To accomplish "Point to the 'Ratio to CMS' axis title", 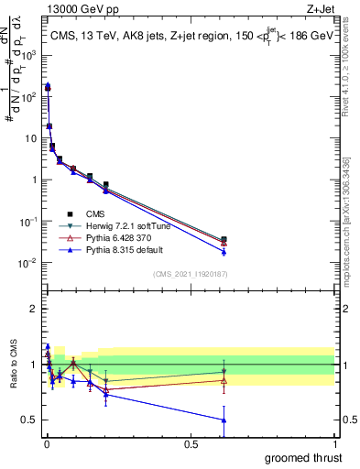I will [x=14, y=364].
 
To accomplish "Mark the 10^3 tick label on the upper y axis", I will [x=28, y=54].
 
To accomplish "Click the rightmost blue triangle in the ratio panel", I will [x=224, y=420].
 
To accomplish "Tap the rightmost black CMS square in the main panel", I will [x=224, y=239].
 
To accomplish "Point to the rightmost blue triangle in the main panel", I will [x=224, y=252].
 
